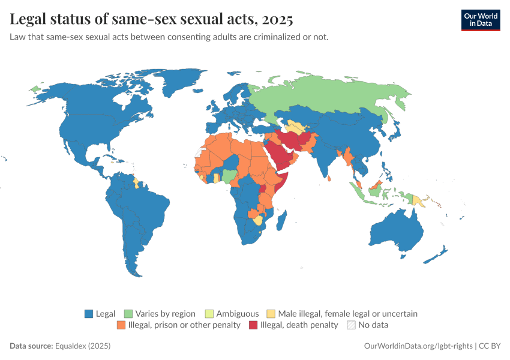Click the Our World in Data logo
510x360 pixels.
tap(480, 20)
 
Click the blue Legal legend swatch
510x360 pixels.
tap(89, 314)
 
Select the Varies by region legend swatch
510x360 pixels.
tap(128, 314)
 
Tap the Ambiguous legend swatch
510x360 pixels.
tap(209, 314)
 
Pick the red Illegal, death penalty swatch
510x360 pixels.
tap(253, 325)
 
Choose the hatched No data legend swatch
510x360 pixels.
tap(350, 325)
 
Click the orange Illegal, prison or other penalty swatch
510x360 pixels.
tap(121, 325)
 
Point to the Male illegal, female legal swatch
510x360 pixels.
tap(271, 314)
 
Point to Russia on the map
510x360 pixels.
tap(336, 96)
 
